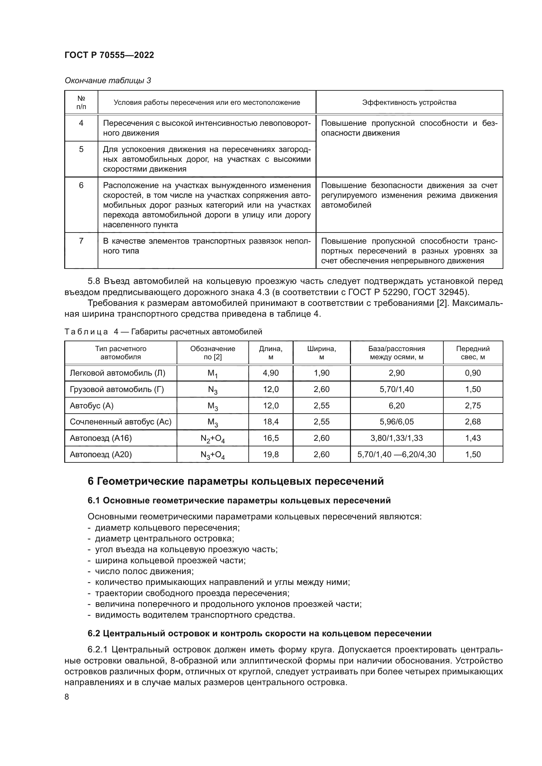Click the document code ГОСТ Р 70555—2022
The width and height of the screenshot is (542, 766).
tap(109, 55)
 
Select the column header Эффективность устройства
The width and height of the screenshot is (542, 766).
tap(409, 103)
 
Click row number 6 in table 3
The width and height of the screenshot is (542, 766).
tap(81, 185)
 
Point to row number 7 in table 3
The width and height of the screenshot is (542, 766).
tap(81, 241)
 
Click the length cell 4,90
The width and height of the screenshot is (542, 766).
tap(271, 373)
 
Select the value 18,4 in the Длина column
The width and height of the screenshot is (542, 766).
tap(271, 422)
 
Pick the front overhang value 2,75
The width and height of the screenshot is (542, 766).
tap(473, 406)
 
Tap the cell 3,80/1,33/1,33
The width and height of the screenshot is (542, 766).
tap(397, 438)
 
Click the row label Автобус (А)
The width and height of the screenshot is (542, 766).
tap(92, 406)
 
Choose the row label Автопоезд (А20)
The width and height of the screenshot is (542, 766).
tap(101, 455)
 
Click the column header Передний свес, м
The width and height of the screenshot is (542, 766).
tap(473, 353)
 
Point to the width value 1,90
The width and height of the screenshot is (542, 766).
tap(321, 373)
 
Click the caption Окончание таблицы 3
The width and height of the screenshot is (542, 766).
tap(107, 81)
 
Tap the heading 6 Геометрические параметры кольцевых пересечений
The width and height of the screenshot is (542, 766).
tap(236, 481)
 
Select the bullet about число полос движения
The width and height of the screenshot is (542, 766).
tap(144, 571)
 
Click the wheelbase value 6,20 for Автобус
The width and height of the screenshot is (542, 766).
tap(397, 406)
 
